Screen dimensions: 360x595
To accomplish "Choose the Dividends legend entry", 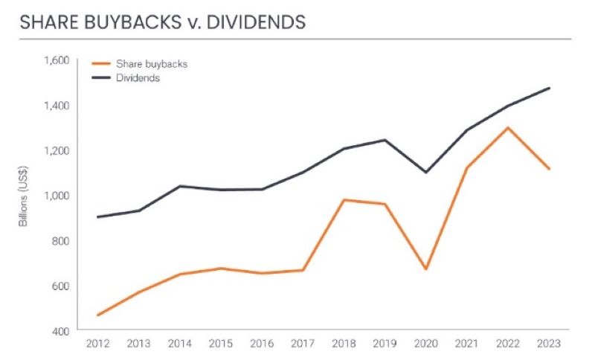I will pyautogui.click(x=137, y=77).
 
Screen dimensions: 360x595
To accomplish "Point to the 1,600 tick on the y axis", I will pyautogui.click(x=57, y=60).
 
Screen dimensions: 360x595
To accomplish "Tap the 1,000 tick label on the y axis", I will pyautogui.click(x=57, y=196).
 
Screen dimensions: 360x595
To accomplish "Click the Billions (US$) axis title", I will pyautogui.click(x=25, y=196).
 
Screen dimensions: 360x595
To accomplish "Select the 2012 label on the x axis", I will pyautogui.click(x=97, y=344).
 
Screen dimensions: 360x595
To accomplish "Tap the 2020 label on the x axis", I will pyautogui.click(x=425, y=344).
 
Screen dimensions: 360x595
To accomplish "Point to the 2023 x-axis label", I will pyautogui.click(x=549, y=344).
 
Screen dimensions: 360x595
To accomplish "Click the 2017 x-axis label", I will pyautogui.click(x=303, y=344).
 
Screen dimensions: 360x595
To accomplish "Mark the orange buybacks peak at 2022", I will pyautogui.click(x=507, y=127).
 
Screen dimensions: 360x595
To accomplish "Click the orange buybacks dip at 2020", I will pyautogui.click(x=425, y=269).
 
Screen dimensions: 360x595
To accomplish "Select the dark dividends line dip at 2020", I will pyautogui.click(x=425, y=173).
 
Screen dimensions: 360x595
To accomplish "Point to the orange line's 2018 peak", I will pyautogui.click(x=344, y=199).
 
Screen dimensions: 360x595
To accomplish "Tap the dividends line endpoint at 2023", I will pyautogui.click(x=549, y=88).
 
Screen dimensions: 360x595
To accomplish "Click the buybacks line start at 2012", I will pyautogui.click(x=97, y=315).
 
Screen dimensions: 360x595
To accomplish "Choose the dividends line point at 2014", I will pyautogui.click(x=179, y=186).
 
